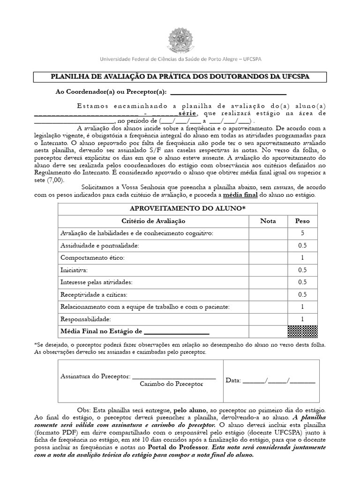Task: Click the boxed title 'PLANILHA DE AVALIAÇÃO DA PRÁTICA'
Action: point(180,76)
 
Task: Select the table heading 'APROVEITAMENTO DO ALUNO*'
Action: point(187,209)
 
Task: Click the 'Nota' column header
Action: point(268,221)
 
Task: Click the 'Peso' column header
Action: point(302,221)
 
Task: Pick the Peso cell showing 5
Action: point(302,233)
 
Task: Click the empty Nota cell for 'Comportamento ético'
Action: point(268,258)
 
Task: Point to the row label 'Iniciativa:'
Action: point(74,270)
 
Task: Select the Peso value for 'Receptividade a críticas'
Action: point(302,294)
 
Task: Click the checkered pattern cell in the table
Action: point(302,331)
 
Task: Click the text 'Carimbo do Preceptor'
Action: point(172,384)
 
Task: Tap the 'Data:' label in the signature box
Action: point(233,380)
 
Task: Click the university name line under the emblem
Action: point(180,60)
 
